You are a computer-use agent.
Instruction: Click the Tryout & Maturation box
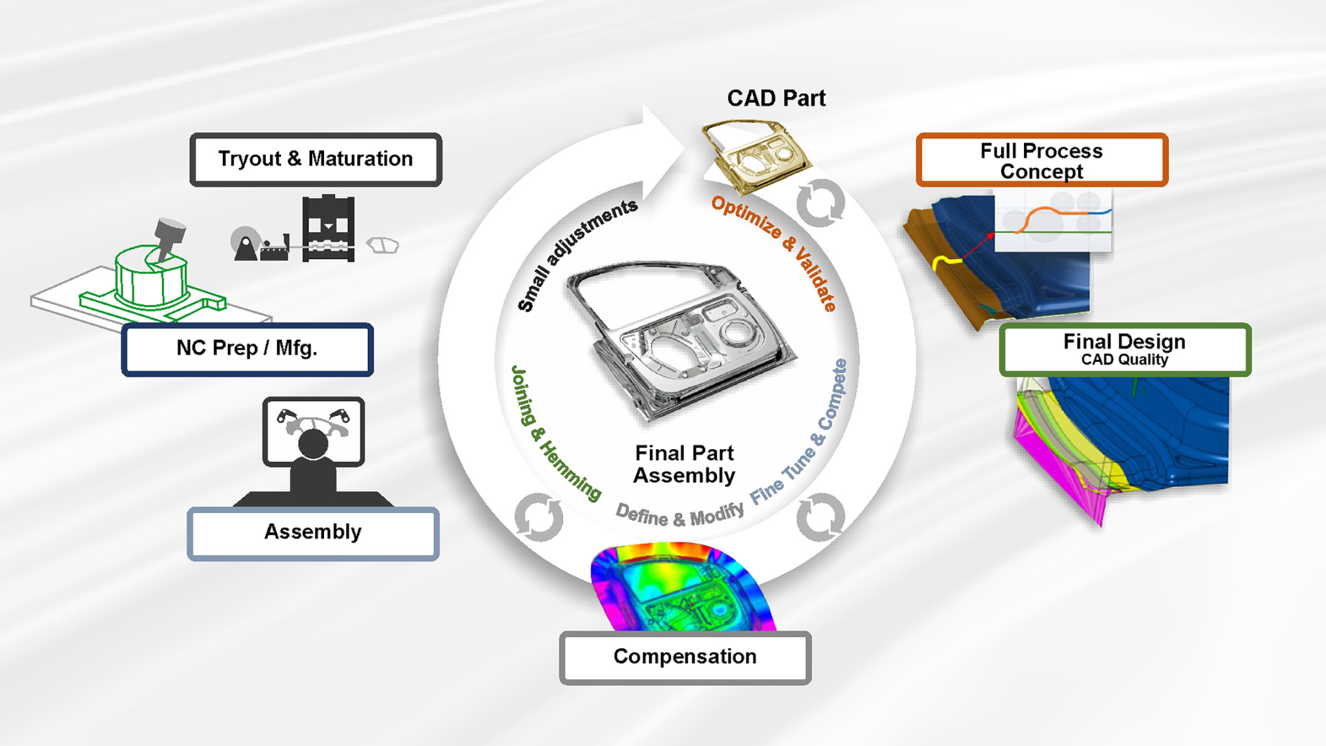[316, 160]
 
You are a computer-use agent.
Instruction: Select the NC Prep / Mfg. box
[247, 349]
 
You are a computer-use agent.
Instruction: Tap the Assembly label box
[313, 533]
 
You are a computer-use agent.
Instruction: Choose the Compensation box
[684, 657]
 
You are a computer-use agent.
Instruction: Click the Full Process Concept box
[1041, 160]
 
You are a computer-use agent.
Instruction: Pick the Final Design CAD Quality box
[1124, 350]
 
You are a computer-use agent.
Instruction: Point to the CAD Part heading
[776, 99]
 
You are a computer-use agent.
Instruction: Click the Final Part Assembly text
[684, 464]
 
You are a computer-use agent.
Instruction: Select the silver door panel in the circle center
[680, 338]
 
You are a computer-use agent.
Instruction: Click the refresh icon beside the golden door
[820, 203]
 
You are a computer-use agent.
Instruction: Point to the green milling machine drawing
[152, 276]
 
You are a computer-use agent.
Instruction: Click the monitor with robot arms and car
[314, 432]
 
